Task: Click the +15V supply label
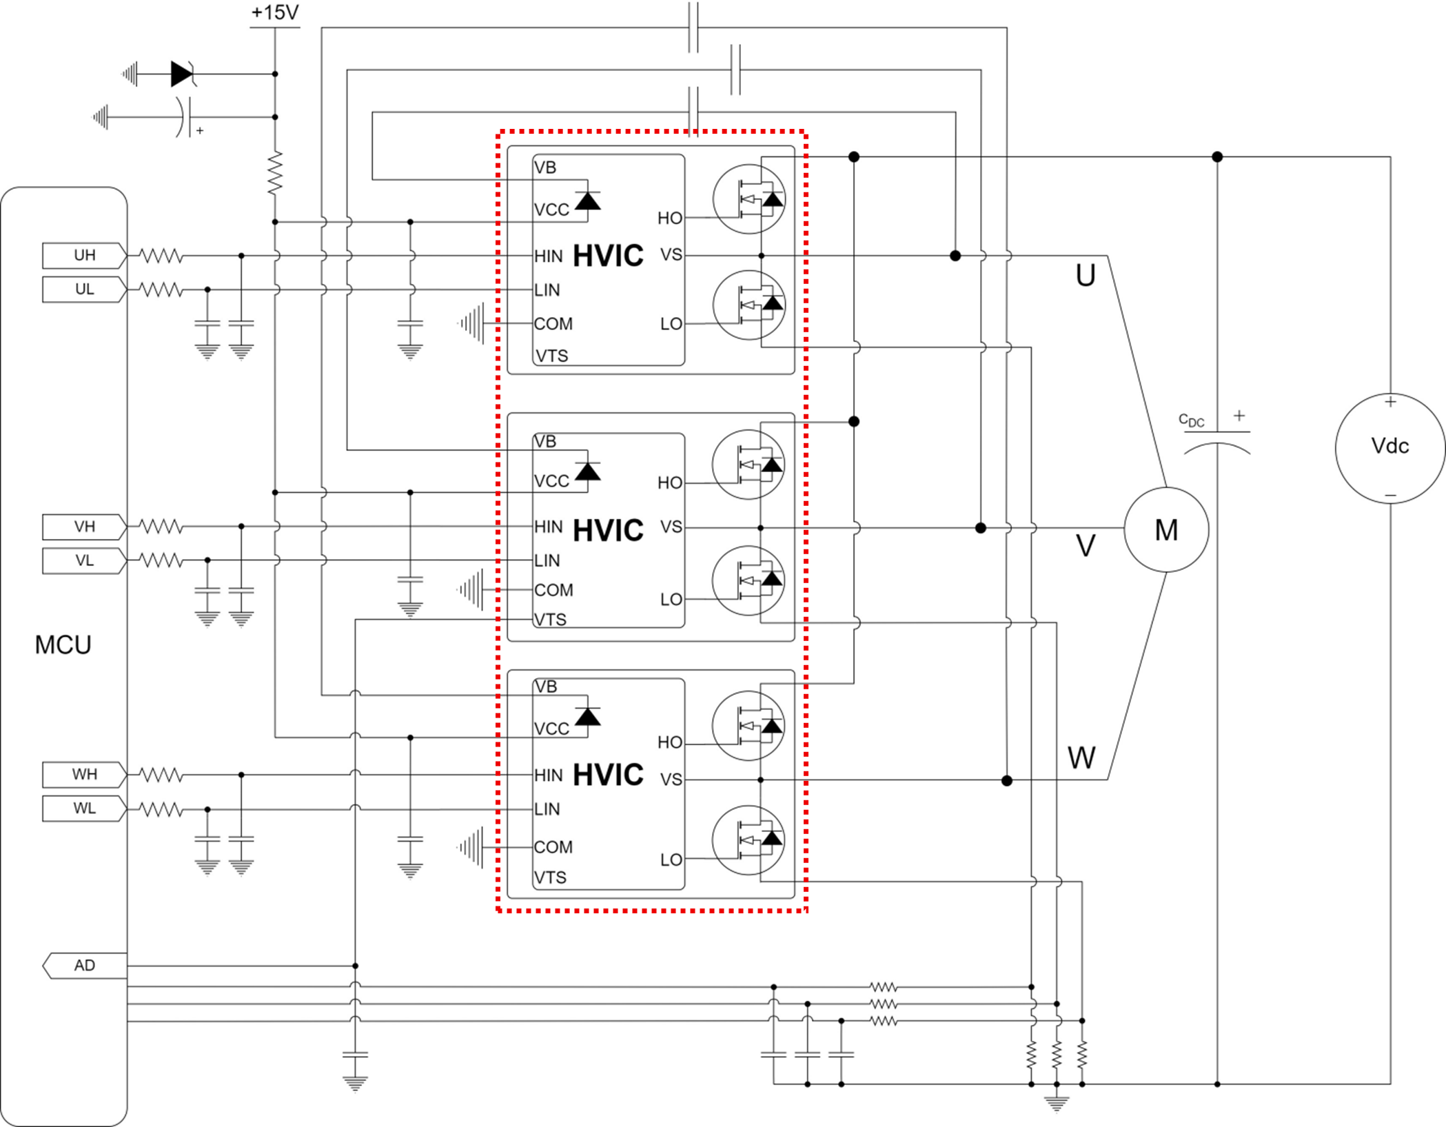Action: (x=274, y=13)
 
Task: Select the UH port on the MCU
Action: (x=84, y=255)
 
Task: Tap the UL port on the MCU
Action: (x=84, y=289)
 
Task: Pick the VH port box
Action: (x=84, y=527)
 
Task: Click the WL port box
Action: (x=84, y=808)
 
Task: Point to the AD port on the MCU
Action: (x=84, y=965)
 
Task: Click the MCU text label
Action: (x=63, y=644)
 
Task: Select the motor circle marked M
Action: (x=1165, y=529)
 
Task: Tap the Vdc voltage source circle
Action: (x=1389, y=447)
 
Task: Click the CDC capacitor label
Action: (x=1191, y=420)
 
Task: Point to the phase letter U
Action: (x=1086, y=276)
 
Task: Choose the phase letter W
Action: (x=1081, y=758)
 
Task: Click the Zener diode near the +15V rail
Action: (x=183, y=74)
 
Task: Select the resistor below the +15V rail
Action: (x=275, y=173)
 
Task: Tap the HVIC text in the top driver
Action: (x=608, y=256)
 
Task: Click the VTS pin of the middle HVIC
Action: (x=550, y=620)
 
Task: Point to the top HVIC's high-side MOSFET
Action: (x=749, y=200)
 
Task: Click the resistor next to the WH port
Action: (x=161, y=775)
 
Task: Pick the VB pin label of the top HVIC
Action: (x=545, y=167)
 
